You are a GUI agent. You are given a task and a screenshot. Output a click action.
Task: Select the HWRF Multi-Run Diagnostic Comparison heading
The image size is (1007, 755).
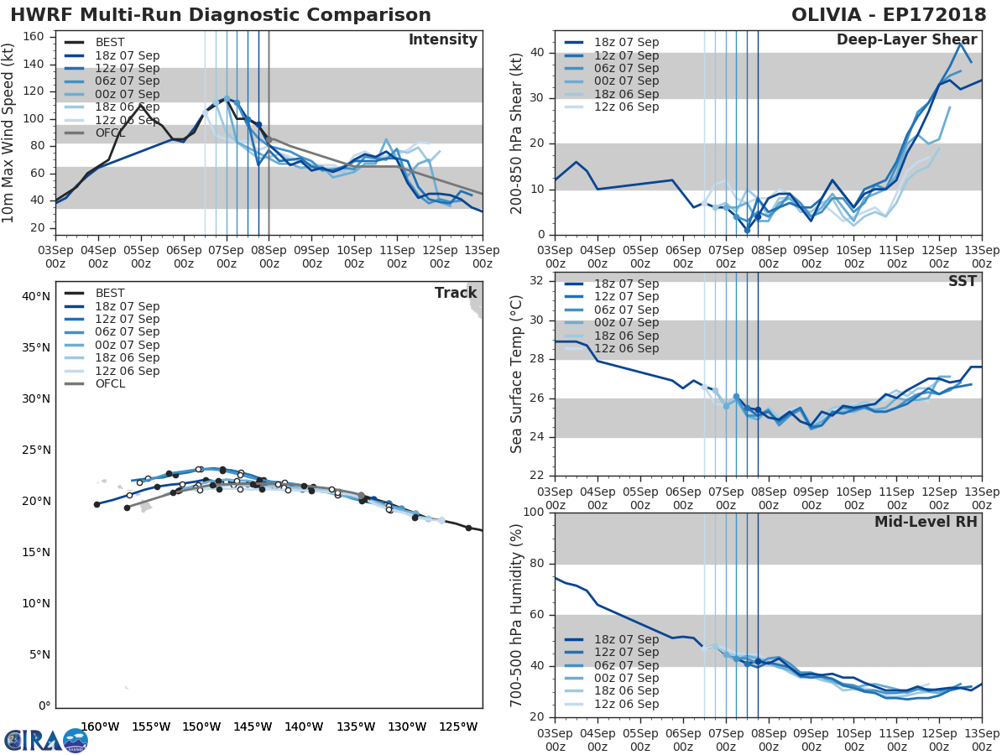click(221, 15)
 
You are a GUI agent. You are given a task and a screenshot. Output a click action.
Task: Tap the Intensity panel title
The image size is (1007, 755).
click(442, 40)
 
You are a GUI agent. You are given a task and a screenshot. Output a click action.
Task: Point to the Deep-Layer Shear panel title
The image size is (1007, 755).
click(906, 40)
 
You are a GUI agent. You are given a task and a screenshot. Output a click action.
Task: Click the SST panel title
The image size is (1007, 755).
click(963, 281)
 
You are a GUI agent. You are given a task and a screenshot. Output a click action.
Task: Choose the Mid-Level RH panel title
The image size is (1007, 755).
click(926, 522)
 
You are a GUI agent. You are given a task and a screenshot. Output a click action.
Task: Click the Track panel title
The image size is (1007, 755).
click(456, 293)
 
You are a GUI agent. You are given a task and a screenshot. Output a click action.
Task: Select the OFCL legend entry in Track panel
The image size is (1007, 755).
click(110, 383)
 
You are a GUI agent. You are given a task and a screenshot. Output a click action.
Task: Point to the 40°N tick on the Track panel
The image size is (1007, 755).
click(35, 296)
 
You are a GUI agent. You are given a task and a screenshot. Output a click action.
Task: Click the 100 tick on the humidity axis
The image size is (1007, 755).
click(534, 513)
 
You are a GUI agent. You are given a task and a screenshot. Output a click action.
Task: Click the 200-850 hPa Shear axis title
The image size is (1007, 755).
click(517, 133)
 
